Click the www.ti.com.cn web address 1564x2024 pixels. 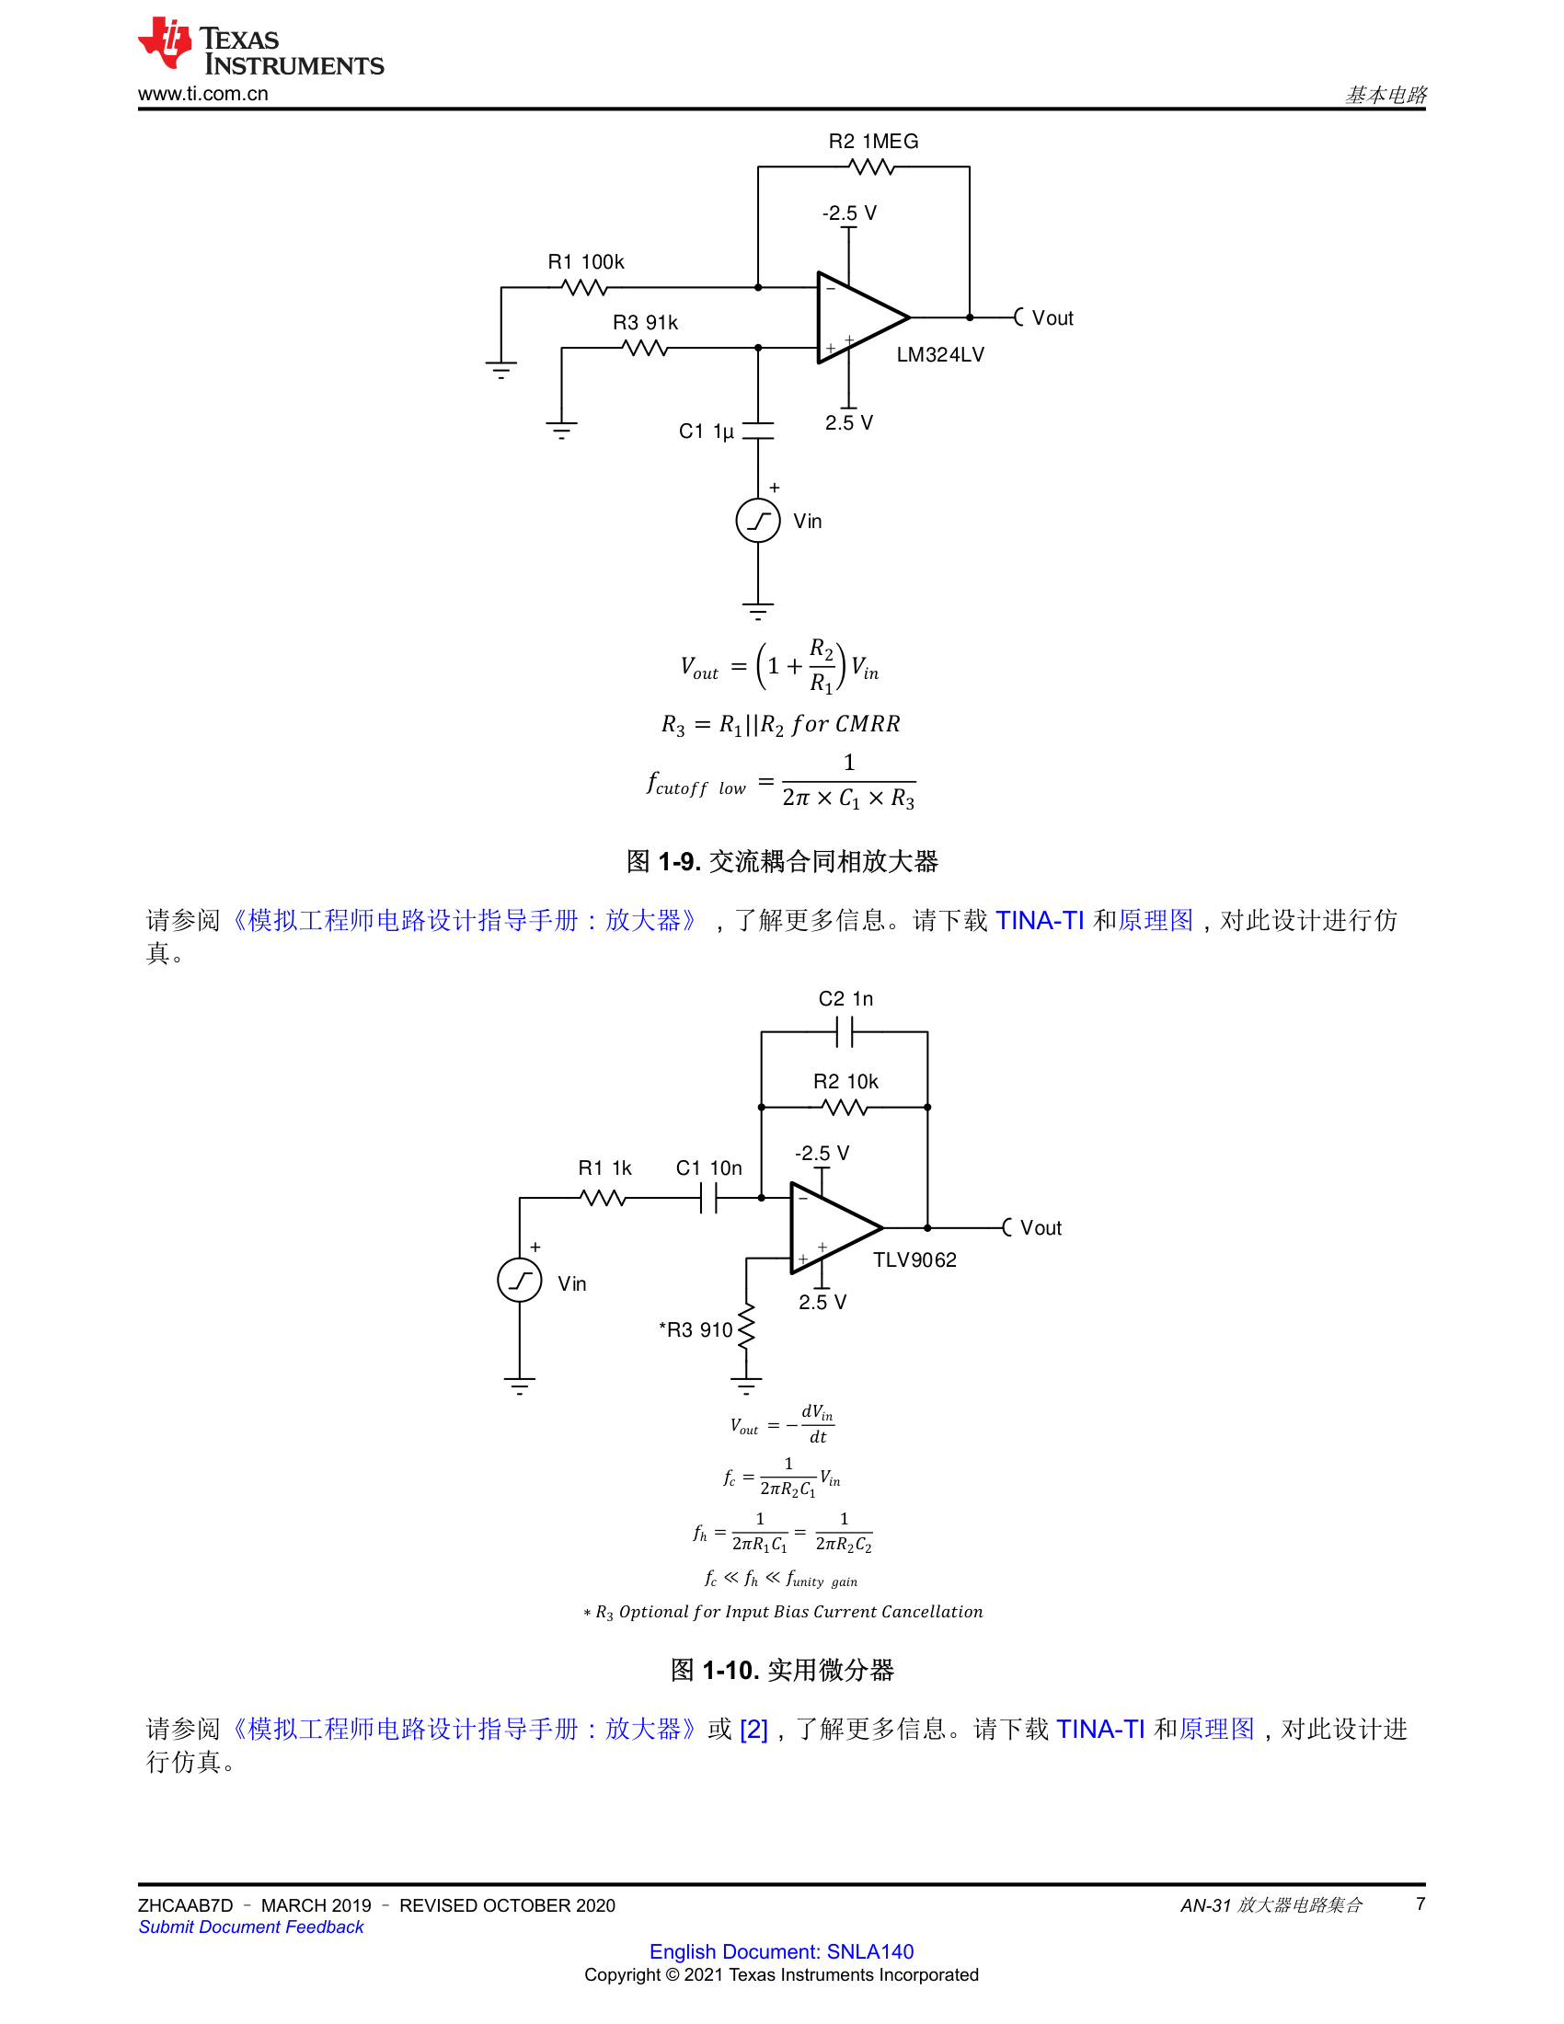coord(203,94)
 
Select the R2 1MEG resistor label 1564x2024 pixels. coord(873,142)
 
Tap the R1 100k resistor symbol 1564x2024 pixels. coord(584,288)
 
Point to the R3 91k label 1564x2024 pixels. coord(645,323)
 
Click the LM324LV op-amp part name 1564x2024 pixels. coord(939,355)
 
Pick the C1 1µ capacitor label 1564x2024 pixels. coord(706,431)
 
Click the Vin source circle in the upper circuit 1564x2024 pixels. coord(758,521)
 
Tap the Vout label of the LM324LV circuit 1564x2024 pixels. coord(1052,319)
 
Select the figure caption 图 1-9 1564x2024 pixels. coord(782,862)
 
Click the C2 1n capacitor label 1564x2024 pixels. coord(845,999)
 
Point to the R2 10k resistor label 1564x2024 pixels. coord(845,1082)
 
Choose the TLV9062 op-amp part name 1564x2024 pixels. coord(914,1260)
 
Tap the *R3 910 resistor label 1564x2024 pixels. coord(695,1331)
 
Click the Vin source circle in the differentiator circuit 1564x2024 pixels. coord(520,1281)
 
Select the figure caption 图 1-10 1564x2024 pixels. coord(782,1671)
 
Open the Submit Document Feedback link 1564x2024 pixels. coord(251,1927)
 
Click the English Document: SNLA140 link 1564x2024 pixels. coord(781,1951)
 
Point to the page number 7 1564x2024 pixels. coord(1420,1904)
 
